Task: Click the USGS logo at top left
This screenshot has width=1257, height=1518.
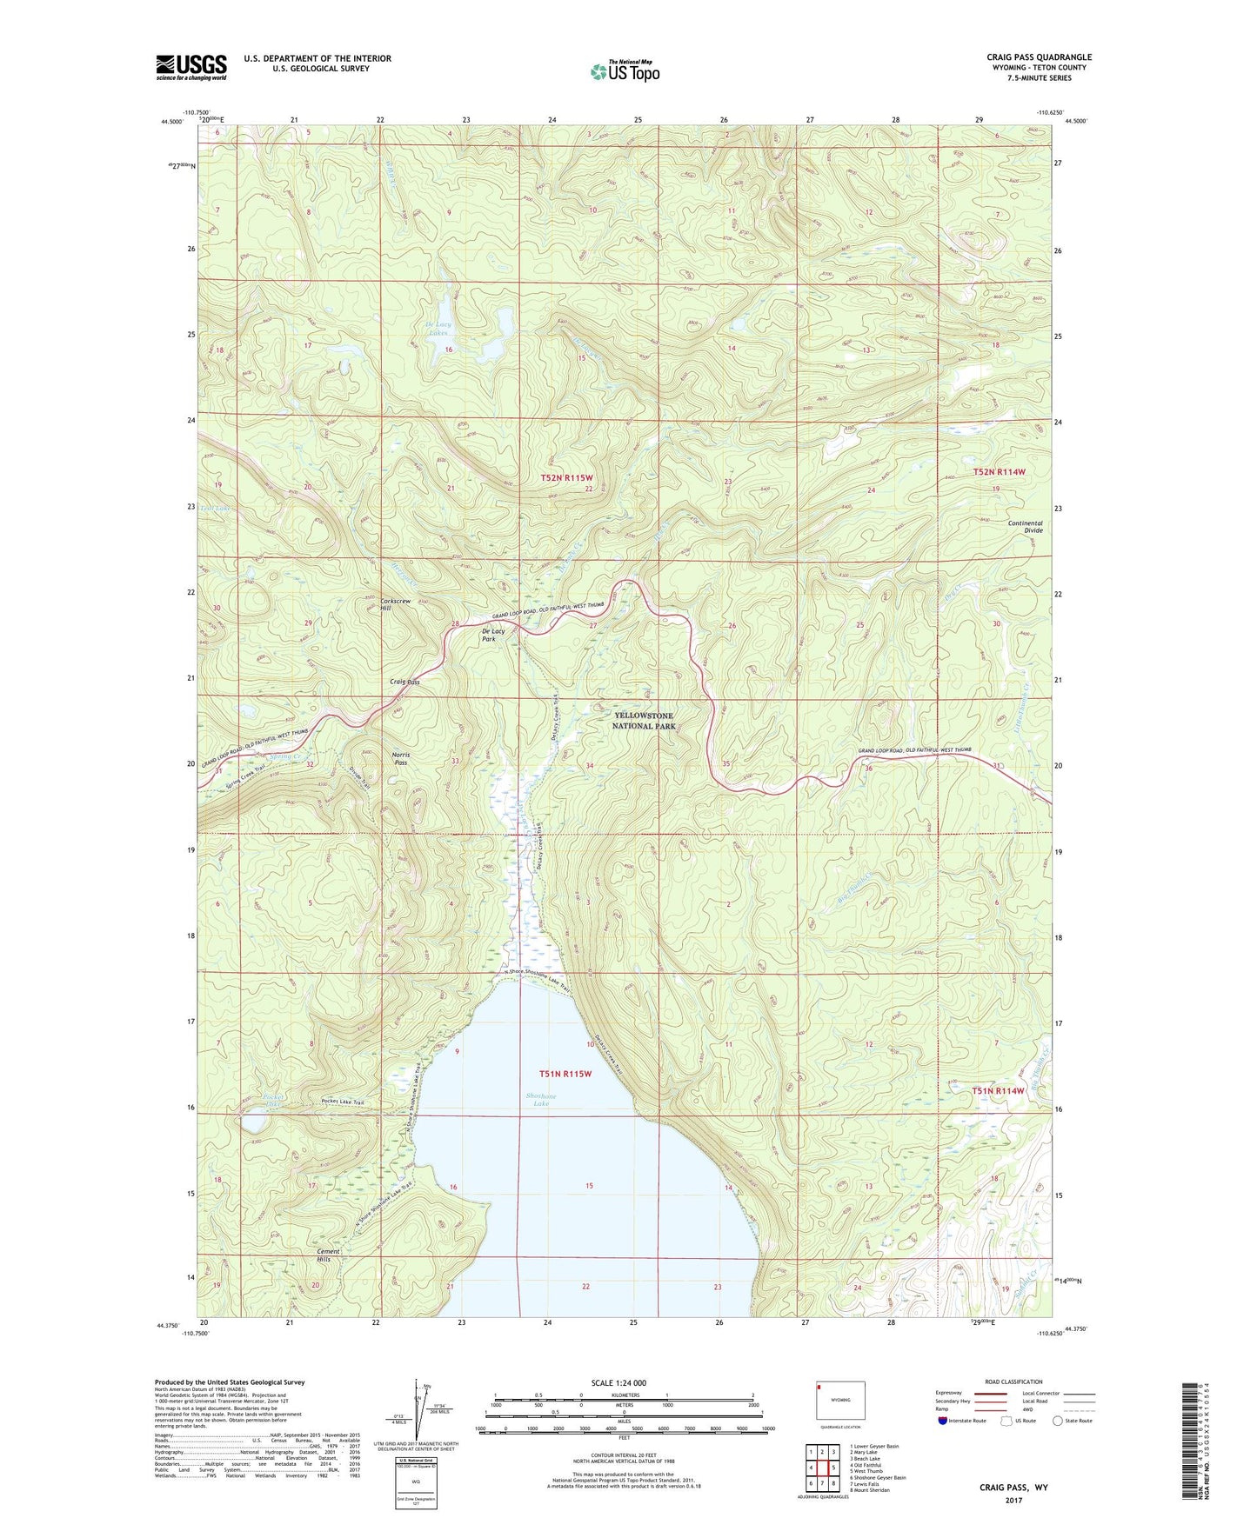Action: tap(191, 66)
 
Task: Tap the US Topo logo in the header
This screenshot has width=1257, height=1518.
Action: tap(624, 71)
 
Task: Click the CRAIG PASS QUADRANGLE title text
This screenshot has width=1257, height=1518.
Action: tap(1026, 57)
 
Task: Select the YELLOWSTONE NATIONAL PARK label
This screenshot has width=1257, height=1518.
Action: tap(643, 720)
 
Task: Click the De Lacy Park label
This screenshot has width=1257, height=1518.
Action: tap(493, 635)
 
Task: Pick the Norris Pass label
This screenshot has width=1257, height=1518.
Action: tap(401, 759)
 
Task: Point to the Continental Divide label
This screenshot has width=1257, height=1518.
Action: tap(1025, 527)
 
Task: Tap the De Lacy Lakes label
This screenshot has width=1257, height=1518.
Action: tap(438, 328)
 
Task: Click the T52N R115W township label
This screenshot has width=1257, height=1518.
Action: tap(566, 478)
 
